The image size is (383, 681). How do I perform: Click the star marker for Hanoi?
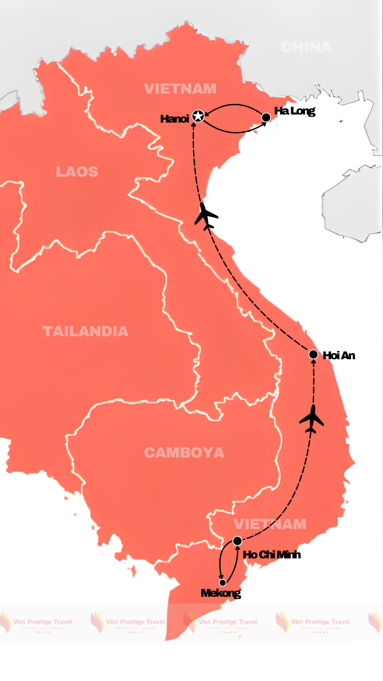pyautogui.click(x=198, y=116)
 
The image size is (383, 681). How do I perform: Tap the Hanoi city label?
pyautogui.click(x=174, y=119)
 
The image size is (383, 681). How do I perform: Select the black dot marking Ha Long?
pyautogui.click(x=266, y=117)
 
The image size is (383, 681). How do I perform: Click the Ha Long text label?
pyautogui.click(x=294, y=111)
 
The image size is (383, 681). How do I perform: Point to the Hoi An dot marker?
pyautogui.click(x=313, y=354)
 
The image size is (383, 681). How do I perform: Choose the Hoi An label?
pyautogui.click(x=339, y=355)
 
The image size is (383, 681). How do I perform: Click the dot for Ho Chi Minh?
pyautogui.click(x=237, y=541)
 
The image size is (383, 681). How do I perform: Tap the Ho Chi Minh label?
pyautogui.click(x=272, y=555)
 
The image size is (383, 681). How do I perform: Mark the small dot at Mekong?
pyautogui.click(x=223, y=583)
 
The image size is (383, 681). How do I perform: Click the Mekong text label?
pyautogui.click(x=220, y=593)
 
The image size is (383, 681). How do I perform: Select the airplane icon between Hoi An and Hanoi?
pyautogui.click(x=206, y=216)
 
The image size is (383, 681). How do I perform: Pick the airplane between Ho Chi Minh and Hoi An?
pyautogui.click(x=312, y=419)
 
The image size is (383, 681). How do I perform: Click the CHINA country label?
pyautogui.click(x=306, y=47)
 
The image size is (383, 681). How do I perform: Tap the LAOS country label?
pyautogui.click(x=77, y=172)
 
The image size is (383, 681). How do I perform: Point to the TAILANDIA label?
pyautogui.click(x=86, y=331)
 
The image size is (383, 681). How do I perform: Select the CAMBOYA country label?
pyautogui.click(x=184, y=452)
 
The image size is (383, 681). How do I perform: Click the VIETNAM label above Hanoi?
pyautogui.click(x=180, y=89)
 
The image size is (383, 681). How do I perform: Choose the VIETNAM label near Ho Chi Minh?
pyautogui.click(x=270, y=524)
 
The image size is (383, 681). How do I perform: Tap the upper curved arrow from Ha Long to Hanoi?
pyautogui.click(x=234, y=105)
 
